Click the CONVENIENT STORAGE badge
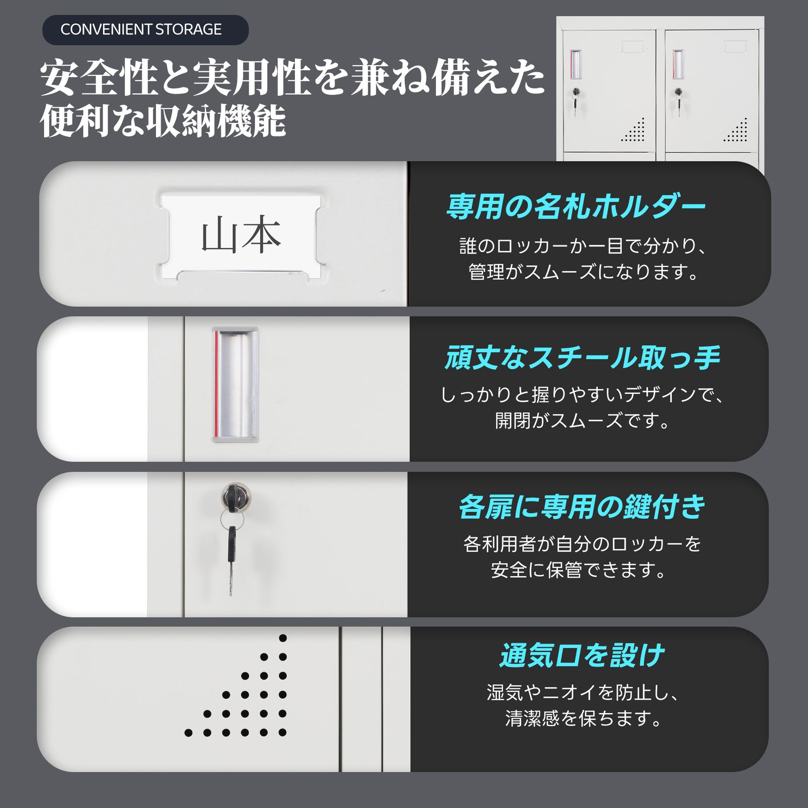coord(145,30)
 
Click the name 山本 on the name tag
coord(241,235)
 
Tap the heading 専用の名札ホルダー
coord(576,207)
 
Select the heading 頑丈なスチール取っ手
coord(582,357)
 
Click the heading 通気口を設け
coord(582,655)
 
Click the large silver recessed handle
coord(235,384)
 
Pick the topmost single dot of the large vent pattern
coord(283,638)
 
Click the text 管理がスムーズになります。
coord(583,272)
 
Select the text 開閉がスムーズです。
coord(582,420)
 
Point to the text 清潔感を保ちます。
coord(583,718)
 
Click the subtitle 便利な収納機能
coord(163,121)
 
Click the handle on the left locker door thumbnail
coord(576,64)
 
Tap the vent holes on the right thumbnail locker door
coord(736,130)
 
